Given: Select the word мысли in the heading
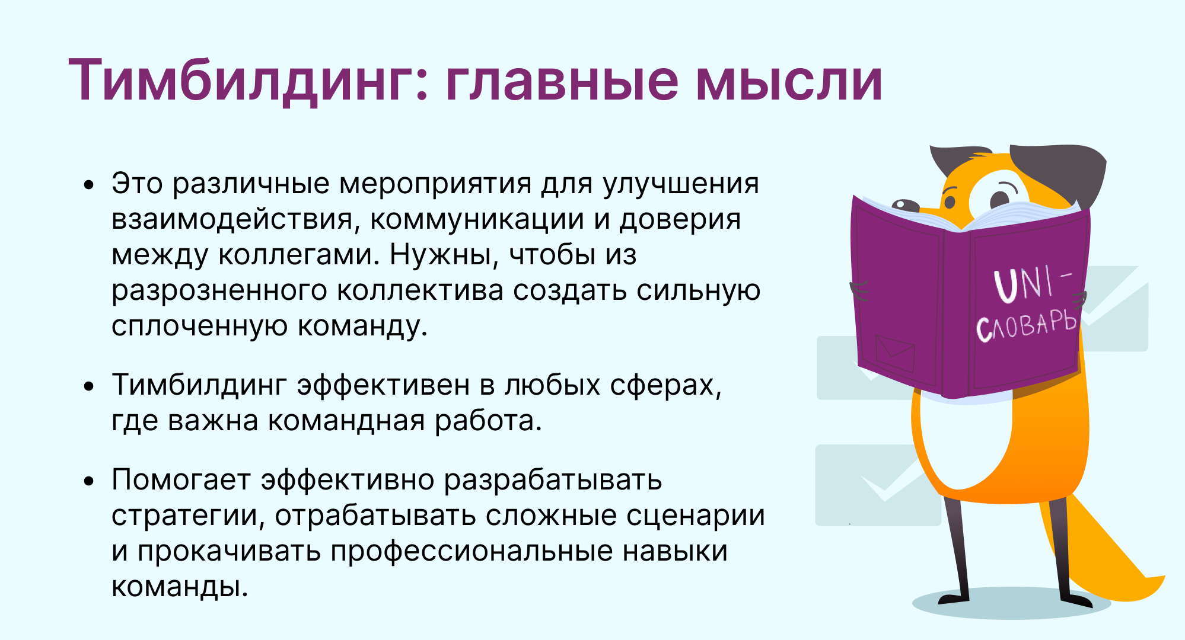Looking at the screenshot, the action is pos(789,81).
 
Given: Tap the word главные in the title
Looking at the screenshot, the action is pos(562,81).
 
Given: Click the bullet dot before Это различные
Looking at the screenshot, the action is pos(89,185).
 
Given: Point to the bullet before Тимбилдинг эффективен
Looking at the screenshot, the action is pos(89,387).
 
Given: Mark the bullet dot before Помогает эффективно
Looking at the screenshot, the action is pos(89,481).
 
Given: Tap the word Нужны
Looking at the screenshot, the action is pos(445,255).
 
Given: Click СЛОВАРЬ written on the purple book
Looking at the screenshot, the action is pos(1026,326).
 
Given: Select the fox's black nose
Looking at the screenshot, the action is pos(905,205).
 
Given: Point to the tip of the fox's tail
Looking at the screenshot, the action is pos(1164,577).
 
